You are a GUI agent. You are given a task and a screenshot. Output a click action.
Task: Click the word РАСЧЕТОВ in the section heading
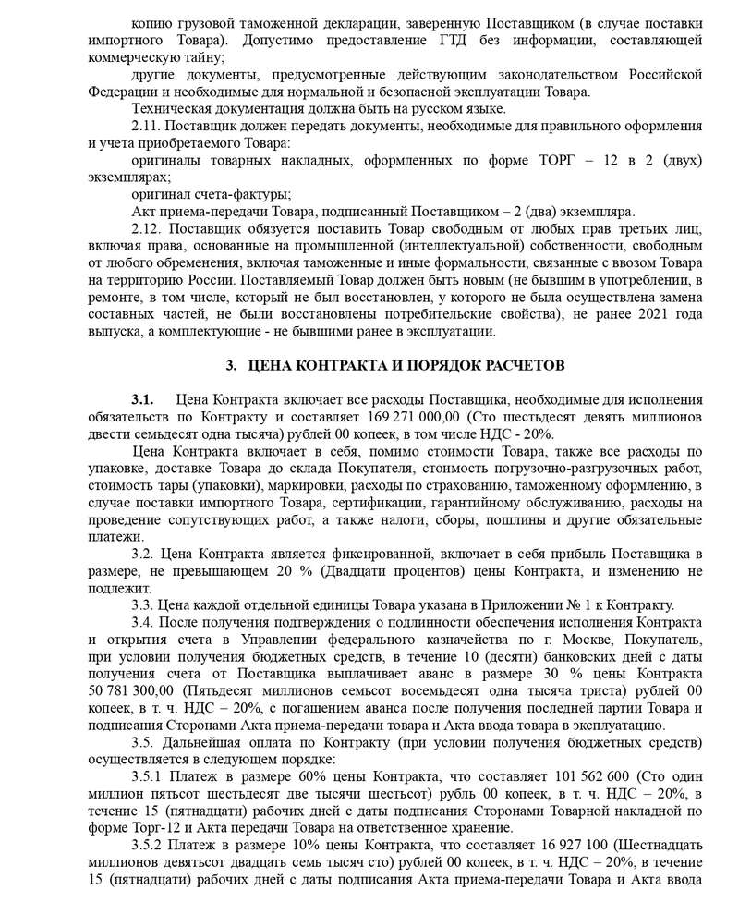pos(519,365)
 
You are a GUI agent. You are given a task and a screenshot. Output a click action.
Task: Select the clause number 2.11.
pos(148,127)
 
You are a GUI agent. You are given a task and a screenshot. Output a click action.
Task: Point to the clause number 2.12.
pos(148,227)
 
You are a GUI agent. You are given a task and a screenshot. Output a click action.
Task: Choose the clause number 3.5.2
pos(151,846)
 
